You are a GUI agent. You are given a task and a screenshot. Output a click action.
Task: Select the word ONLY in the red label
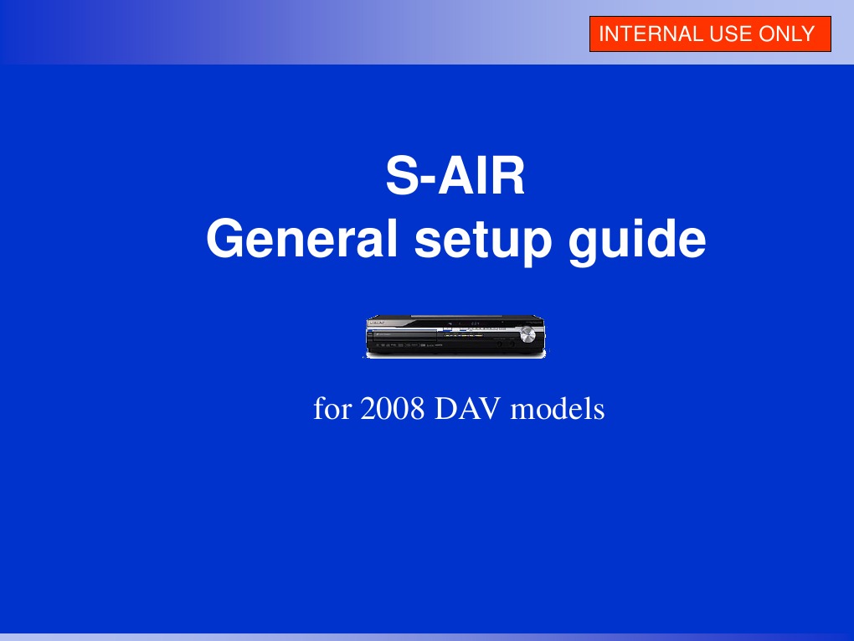click(x=785, y=34)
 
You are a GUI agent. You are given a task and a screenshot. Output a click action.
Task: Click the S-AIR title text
click(x=455, y=178)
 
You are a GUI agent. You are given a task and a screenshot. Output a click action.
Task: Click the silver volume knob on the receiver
click(x=527, y=335)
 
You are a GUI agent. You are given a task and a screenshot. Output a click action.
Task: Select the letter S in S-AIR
click(x=400, y=178)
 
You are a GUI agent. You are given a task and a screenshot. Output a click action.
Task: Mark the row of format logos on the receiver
click(x=410, y=345)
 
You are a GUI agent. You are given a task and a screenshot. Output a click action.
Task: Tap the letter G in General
click(x=224, y=241)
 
